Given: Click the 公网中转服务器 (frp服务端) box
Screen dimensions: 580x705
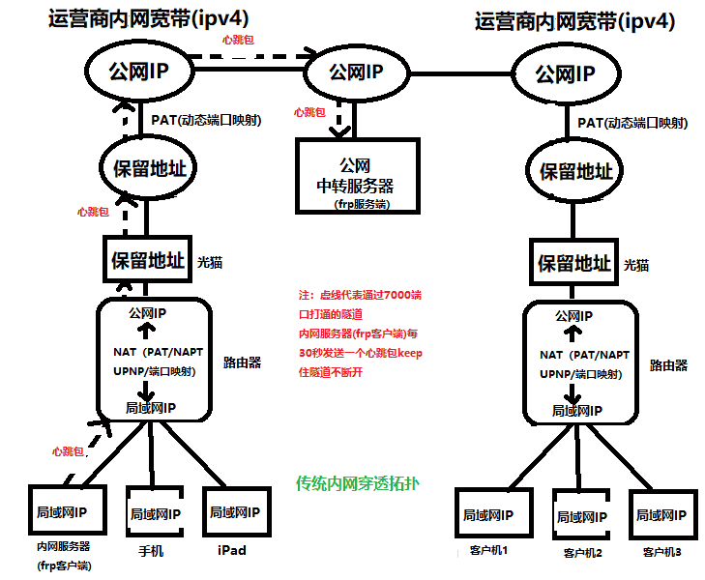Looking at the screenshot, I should point(357,175).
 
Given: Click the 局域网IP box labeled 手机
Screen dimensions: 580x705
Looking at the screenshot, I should point(155,512).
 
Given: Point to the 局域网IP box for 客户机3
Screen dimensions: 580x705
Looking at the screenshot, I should point(662,515).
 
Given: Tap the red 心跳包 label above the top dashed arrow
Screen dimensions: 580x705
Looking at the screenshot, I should point(238,40).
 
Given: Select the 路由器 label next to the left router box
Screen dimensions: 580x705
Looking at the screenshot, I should point(241,362).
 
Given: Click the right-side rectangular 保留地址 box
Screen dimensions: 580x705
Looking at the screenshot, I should point(575,263).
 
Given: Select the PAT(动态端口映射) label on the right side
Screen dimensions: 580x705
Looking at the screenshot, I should point(632,123).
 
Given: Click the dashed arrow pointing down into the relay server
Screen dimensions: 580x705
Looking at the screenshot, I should point(339,118).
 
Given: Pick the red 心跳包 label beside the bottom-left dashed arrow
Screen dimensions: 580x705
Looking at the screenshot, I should point(69,451).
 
